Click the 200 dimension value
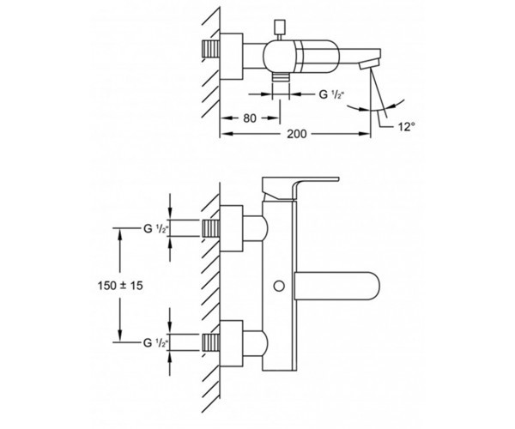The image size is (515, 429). tap(297, 134)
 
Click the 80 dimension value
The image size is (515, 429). tap(250, 118)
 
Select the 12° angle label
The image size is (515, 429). tap(407, 127)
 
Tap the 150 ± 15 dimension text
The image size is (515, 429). tap(120, 286)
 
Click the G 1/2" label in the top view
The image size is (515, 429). tap(331, 94)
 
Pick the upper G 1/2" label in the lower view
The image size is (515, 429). tap(155, 228)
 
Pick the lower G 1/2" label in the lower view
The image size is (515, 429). tap(155, 343)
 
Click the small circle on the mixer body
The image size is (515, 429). tap(279, 286)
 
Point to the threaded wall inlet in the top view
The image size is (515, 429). tap(210, 49)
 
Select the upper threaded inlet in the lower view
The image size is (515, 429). tap(210, 228)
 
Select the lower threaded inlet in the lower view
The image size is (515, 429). tap(210, 343)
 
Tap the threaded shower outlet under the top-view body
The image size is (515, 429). tap(281, 76)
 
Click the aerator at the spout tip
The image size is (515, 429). tap(369, 63)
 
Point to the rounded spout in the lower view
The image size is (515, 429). tap(337, 286)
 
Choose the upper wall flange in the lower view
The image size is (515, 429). tap(231, 228)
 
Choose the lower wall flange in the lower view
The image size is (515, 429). tap(231, 343)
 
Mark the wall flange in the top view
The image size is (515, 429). tap(231, 56)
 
